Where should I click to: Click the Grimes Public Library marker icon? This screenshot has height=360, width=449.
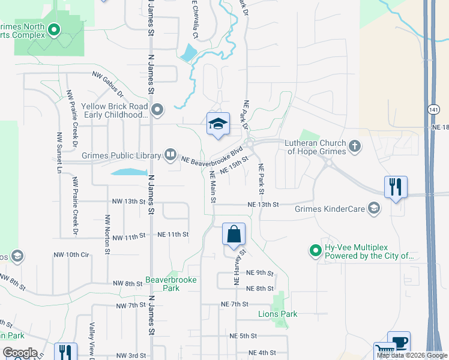point(171,155)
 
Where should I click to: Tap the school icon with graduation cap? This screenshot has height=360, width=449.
point(218,124)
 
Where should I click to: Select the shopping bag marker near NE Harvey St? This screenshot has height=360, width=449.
point(234,235)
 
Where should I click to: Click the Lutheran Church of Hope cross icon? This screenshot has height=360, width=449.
point(355,146)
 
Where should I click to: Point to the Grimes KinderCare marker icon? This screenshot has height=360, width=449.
point(375,209)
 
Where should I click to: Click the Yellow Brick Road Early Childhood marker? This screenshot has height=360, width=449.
point(158,110)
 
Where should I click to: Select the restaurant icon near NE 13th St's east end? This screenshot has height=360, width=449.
point(396,187)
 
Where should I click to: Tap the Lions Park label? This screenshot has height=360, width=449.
point(278,314)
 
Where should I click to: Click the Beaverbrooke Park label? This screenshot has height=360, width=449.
point(163,284)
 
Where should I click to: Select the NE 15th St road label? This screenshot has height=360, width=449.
point(234,165)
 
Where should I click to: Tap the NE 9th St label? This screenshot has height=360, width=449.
point(260,273)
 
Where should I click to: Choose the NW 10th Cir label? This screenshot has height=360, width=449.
point(80,254)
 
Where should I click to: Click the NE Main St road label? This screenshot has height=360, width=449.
point(212,187)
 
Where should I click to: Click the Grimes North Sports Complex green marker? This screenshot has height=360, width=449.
point(54,28)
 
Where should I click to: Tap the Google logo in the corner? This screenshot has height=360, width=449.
point(20,353)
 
